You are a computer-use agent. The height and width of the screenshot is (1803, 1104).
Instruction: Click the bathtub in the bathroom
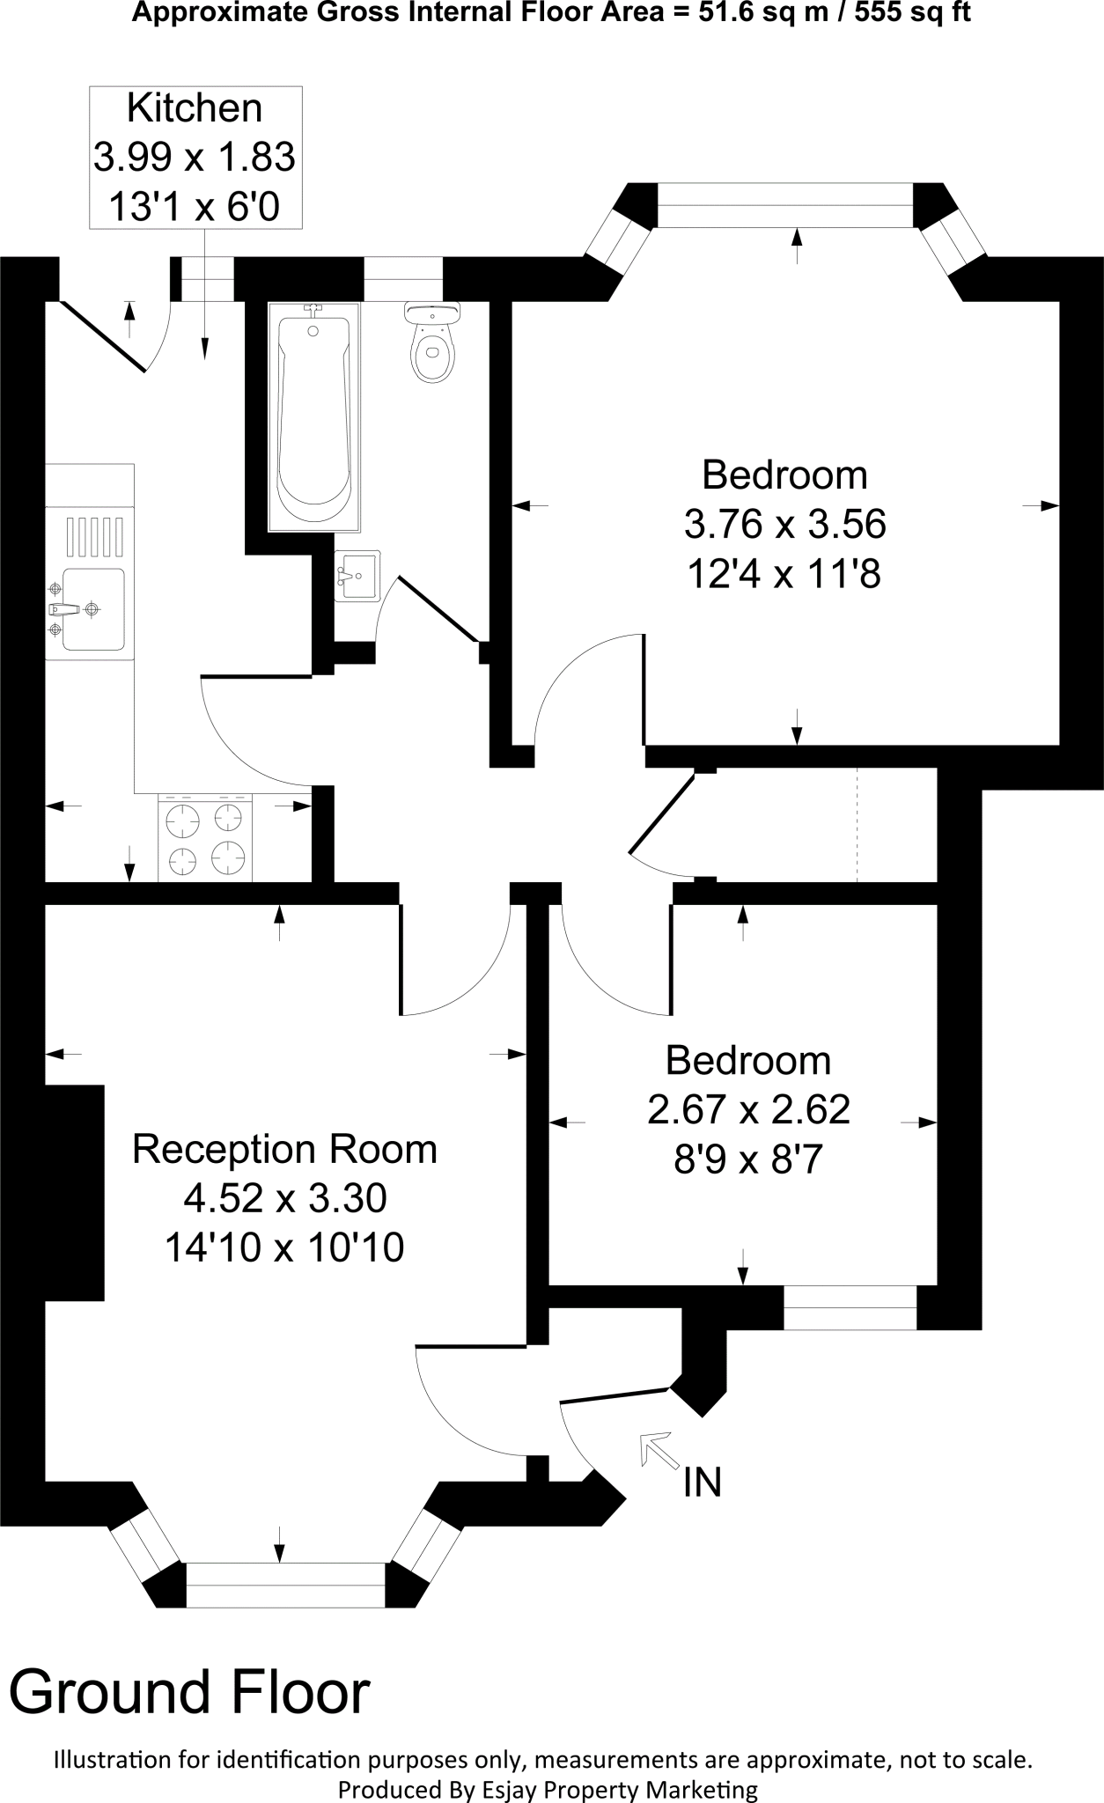point(314,418)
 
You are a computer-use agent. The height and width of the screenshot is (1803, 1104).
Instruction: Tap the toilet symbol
point(431,345)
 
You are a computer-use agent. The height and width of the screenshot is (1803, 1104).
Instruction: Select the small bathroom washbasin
point(357,575)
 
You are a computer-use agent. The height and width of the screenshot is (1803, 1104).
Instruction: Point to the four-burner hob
point(205,837)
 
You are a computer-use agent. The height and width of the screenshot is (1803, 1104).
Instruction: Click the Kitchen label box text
point(195,158)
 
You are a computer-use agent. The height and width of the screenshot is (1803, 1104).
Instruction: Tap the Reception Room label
point(284,1150)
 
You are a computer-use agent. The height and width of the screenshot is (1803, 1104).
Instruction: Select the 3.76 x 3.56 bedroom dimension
point(784,525)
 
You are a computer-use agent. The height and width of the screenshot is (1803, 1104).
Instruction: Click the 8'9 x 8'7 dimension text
point(747,1159)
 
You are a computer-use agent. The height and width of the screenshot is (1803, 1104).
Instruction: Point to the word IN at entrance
point(702,1483)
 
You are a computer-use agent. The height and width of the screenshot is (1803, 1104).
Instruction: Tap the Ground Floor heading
point(189,1692)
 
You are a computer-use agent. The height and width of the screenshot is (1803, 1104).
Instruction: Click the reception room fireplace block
point(74,1192)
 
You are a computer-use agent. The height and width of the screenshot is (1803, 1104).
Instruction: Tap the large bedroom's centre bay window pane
point(785,204)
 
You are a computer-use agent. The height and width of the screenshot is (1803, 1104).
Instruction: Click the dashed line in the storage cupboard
point(857,824)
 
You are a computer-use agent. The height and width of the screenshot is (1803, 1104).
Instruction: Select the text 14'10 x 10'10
point(284,1247)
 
